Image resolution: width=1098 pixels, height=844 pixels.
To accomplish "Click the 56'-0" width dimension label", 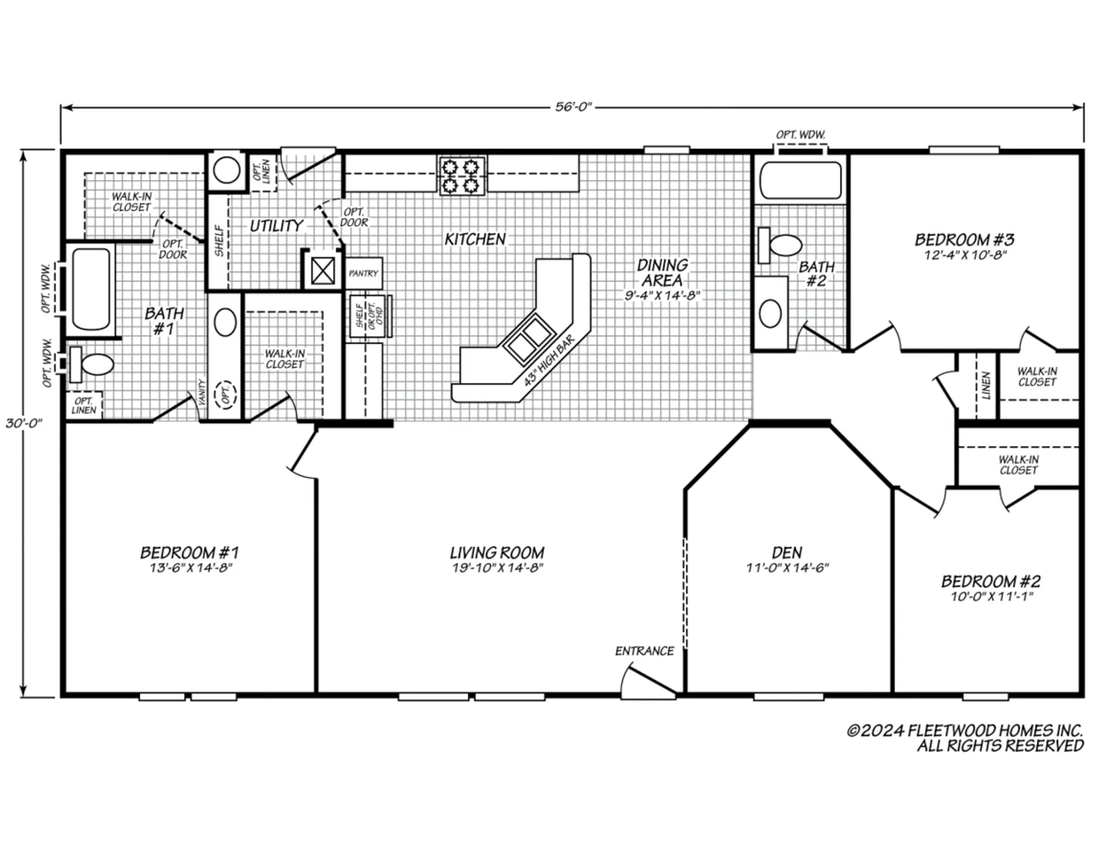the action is (x=573, y=107).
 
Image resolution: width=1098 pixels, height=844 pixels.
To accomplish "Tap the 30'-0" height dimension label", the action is (x=24, y=423).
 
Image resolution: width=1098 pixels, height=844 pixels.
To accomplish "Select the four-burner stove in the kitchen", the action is (x=462, y=176).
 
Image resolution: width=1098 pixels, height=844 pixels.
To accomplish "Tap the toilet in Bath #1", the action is (x=91, y=364).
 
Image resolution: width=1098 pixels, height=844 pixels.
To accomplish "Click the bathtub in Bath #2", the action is (x=801, y=180).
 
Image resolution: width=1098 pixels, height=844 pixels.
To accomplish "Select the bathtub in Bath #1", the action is (x=91, y=288).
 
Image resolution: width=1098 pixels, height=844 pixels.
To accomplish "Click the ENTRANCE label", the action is (x=644, y=651).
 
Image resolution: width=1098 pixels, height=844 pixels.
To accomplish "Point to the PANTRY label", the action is (x=363, y=273).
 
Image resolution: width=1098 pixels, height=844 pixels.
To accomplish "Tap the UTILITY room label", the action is (x=277, y=225).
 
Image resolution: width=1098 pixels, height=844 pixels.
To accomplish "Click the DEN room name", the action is (x=786, y=552).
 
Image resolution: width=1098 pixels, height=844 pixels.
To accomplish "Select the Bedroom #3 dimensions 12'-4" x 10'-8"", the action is (x=965, y=255).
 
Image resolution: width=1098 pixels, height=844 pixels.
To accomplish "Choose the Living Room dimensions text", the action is (x=498, y=567).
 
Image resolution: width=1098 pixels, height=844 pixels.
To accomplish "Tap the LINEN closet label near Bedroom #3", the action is (x=986, y=385).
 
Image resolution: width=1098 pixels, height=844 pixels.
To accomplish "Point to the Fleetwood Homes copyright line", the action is (x=965, y=730).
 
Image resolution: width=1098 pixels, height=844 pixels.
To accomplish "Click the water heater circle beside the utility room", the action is (x=226, y=170).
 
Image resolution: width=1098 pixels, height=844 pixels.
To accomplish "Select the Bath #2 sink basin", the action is (x=770, y=314).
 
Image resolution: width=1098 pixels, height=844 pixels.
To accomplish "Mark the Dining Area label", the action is (x=662, y=273).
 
